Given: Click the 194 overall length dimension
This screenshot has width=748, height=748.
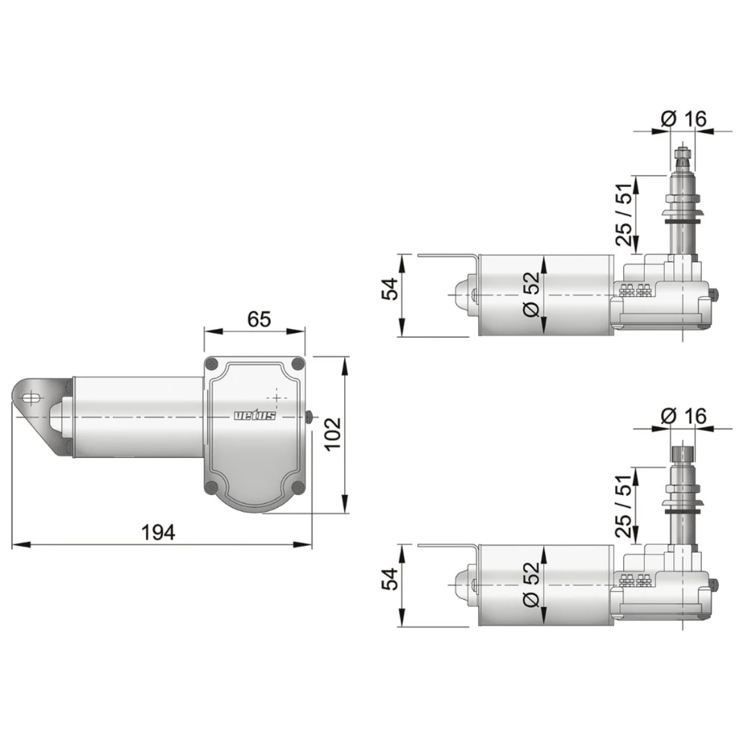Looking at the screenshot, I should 158,533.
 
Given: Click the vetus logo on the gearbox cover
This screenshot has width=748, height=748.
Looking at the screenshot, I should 255,416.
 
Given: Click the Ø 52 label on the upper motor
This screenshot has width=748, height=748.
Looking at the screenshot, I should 530,293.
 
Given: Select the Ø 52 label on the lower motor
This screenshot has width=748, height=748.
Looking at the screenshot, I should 530,584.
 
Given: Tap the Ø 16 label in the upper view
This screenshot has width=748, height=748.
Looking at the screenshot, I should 684,118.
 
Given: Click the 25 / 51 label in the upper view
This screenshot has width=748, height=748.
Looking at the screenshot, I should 623,215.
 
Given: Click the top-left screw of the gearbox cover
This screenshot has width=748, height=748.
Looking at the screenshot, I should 212,364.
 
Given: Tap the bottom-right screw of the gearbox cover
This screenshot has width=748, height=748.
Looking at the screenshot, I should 298,488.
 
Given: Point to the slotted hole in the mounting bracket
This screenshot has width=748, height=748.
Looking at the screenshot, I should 31,398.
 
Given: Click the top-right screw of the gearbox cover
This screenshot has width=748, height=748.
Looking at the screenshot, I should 298,364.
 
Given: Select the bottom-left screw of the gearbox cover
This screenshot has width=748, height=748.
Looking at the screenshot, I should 212,488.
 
